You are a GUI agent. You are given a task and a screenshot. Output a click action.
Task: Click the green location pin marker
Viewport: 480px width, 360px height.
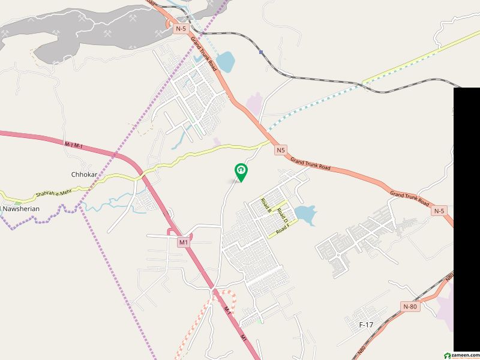(x=241, y=172)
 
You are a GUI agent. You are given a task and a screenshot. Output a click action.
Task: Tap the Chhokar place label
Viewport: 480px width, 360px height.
(x=83, y=175)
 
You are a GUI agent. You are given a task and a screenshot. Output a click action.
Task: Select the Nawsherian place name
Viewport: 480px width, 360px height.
(x=20, y=209)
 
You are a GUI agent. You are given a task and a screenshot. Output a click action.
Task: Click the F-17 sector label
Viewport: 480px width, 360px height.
(x=366, y=325)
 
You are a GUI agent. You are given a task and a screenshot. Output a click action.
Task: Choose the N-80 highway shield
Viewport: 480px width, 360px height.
(x=410, y=307)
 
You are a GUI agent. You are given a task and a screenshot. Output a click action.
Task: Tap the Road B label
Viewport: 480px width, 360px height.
(x=266, y=206)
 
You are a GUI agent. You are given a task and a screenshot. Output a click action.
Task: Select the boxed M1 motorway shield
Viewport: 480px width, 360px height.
(x=184, y=242)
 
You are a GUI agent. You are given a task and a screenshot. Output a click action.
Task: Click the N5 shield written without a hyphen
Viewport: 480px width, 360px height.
(x=281, y=150)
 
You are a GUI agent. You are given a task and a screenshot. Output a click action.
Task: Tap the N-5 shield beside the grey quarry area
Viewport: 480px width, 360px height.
(x=181, y=28)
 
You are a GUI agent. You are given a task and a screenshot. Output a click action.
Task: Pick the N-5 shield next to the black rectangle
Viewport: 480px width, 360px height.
(x=439, y=211)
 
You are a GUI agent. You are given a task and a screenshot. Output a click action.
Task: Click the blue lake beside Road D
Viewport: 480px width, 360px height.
(x=305, y=215)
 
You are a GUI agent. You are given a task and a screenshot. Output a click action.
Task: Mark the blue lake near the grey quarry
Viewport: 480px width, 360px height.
(x=225, y=61)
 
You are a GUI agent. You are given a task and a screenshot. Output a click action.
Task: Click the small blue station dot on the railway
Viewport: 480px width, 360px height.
(x=261, y=52)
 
